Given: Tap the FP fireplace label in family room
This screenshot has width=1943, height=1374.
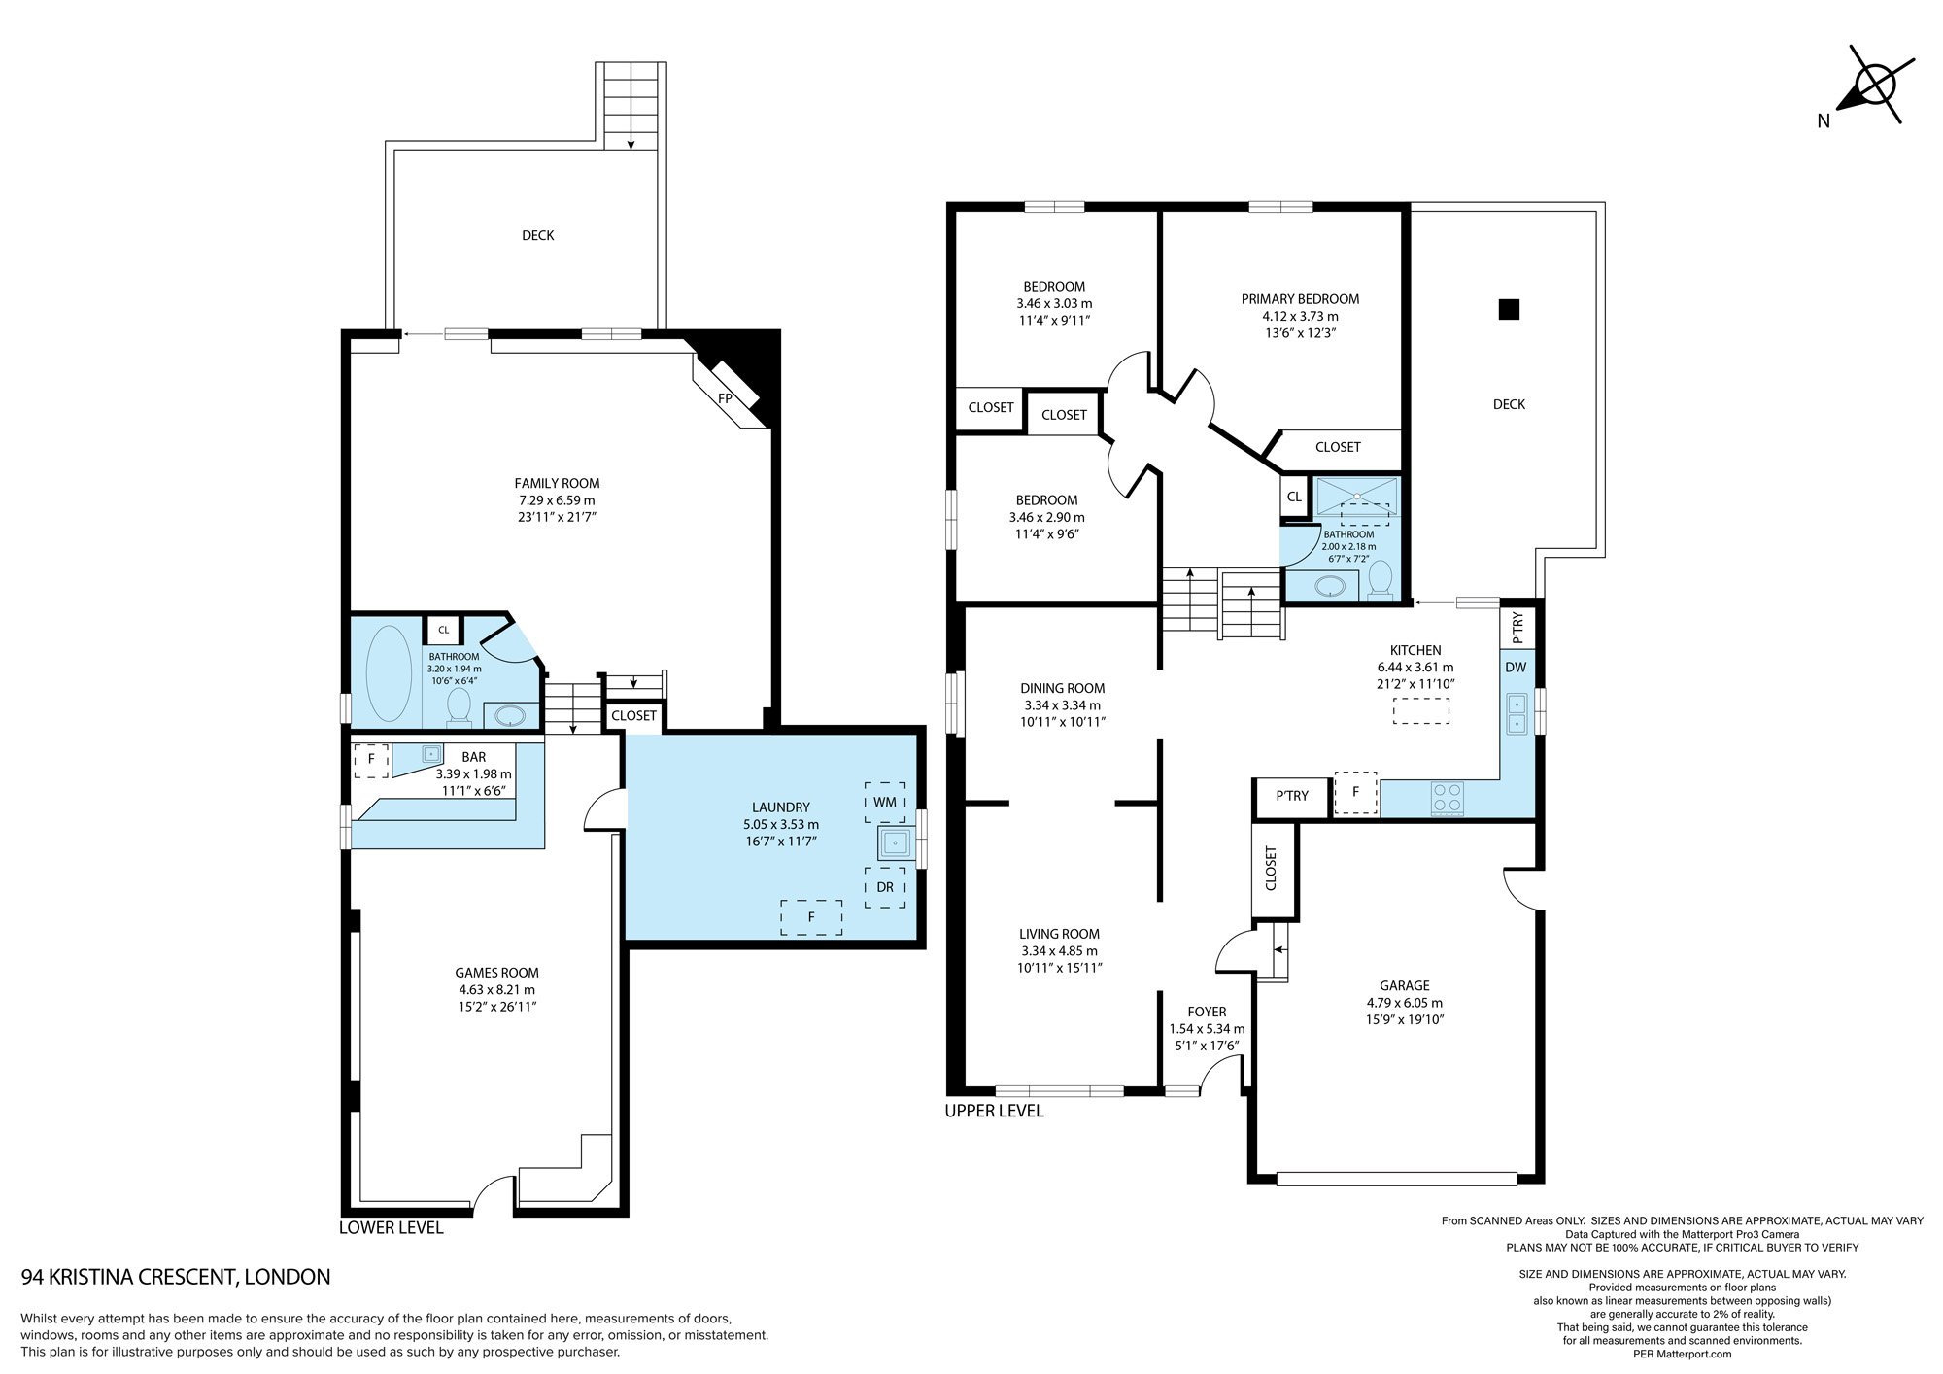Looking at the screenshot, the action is (725, 398).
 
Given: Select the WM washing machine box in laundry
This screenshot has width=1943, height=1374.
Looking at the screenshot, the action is (885, 802).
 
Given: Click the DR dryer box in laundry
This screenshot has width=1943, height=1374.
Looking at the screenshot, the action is (885, 887).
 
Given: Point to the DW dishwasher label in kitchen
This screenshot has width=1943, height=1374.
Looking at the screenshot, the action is (1516, 668).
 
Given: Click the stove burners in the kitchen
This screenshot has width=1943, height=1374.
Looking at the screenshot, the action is (1447, 799).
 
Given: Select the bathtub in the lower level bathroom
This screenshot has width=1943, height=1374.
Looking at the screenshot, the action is (389, 673).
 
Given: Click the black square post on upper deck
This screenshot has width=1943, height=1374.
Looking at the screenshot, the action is (1509, 309).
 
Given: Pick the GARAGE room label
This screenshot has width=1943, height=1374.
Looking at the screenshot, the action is (1405, 985).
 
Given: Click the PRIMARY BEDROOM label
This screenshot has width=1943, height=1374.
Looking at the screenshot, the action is (1300, 299).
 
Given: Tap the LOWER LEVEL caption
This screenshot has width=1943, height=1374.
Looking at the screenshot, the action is (391, 1228).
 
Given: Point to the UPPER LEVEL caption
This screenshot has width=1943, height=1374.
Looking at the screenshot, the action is (994, 1111).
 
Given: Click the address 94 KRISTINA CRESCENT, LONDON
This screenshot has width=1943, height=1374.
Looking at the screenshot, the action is (176, 1277).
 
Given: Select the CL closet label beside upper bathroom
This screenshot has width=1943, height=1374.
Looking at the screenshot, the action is (1294, 497).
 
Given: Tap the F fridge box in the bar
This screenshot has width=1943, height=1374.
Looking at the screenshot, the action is (371, 760).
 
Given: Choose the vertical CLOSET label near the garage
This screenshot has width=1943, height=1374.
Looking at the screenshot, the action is (1271, 869).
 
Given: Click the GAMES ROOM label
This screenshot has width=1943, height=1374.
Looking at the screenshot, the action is (496, 973).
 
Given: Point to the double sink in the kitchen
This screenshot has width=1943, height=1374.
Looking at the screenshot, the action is (1516, 713).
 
